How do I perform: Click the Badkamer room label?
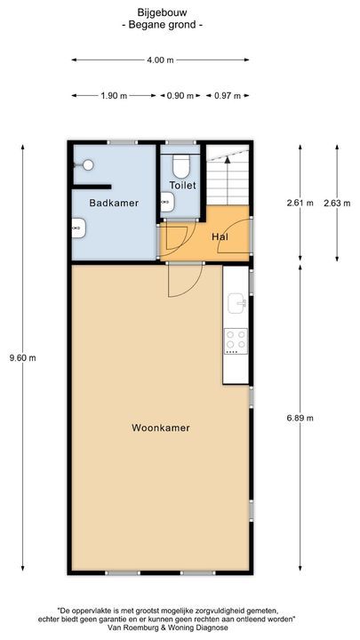114,203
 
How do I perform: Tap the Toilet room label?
182,186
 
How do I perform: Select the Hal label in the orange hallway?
220,236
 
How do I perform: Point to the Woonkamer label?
161,428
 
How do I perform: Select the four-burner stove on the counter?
236,340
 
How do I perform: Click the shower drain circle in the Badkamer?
87,164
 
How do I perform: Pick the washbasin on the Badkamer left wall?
76,229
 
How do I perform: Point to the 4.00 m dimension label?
160,60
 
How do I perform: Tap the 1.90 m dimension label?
115,95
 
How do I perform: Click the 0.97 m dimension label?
228,95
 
